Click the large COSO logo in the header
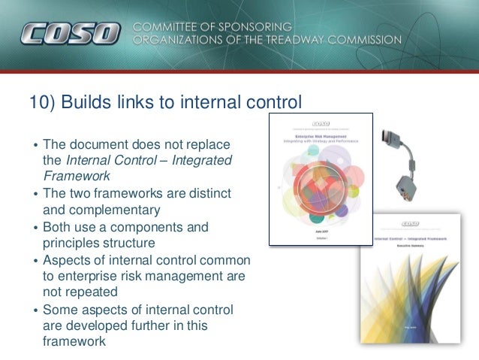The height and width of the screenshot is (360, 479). (x=71, y=34)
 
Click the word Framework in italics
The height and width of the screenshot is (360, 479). (x=77, y=176)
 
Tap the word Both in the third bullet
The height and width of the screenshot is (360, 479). (x=58, y=227)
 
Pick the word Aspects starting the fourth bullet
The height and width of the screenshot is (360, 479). (x=67, y=260)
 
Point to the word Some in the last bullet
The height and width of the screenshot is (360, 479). (x=59, y=310)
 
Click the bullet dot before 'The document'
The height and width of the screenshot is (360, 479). (x=34, y=144)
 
